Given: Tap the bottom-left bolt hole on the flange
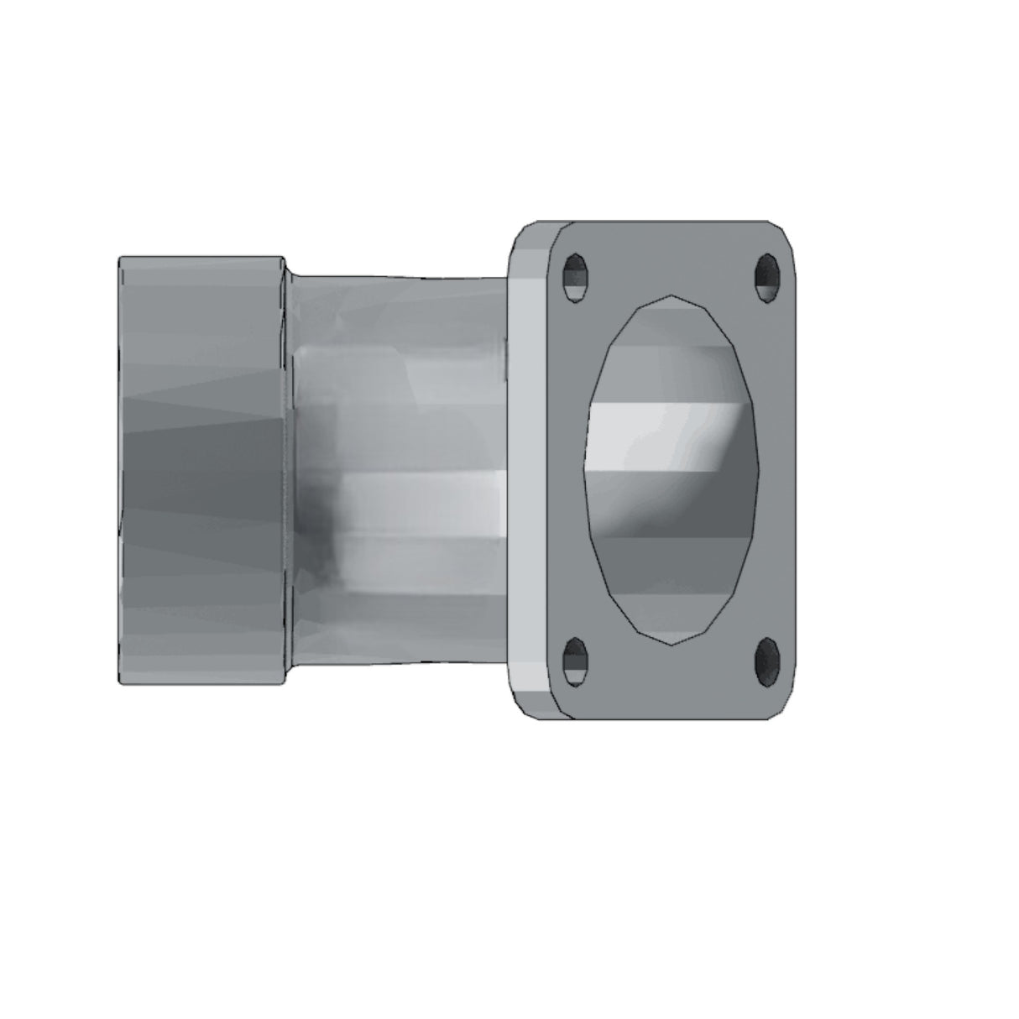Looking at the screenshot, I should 575,660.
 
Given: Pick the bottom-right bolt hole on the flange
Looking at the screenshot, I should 766,660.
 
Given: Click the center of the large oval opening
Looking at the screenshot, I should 671,470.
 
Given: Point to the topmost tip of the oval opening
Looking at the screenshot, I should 671,296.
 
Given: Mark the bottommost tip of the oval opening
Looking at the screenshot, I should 671,645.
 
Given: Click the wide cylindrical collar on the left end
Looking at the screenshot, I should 201,470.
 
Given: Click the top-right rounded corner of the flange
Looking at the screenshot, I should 785,233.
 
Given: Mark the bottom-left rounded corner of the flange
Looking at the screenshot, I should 522,707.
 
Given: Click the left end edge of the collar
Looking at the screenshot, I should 119,470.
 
